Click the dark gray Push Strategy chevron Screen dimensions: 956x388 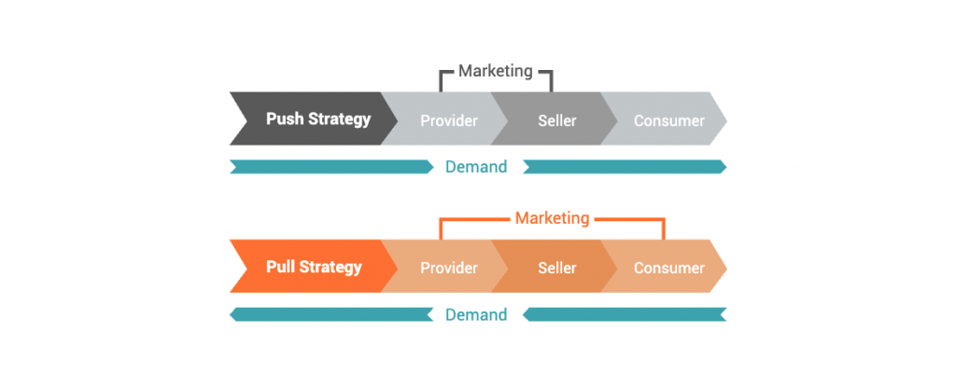pos(314,118)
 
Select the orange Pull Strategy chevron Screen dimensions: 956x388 pos(314,266)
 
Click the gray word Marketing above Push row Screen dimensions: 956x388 pos(496,71)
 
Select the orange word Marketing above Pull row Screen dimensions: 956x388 pos(553,218)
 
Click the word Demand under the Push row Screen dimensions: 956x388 pos(476,167)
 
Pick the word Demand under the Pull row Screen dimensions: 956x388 pos(476,314)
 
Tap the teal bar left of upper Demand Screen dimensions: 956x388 pos(331,167)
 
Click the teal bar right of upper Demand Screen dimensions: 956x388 pos(625,167)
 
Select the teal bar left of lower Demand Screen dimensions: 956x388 pos(331,314)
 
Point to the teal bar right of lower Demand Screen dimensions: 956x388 pos(625,314)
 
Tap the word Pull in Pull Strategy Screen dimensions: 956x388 pos(281,266)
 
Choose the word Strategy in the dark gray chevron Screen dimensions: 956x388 pos(339,119)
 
